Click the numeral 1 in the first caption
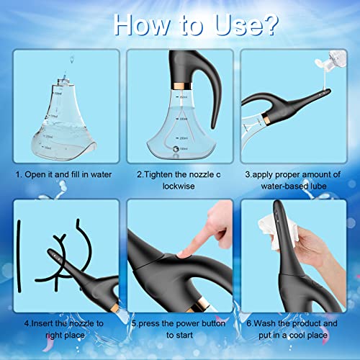tap(18, 174)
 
